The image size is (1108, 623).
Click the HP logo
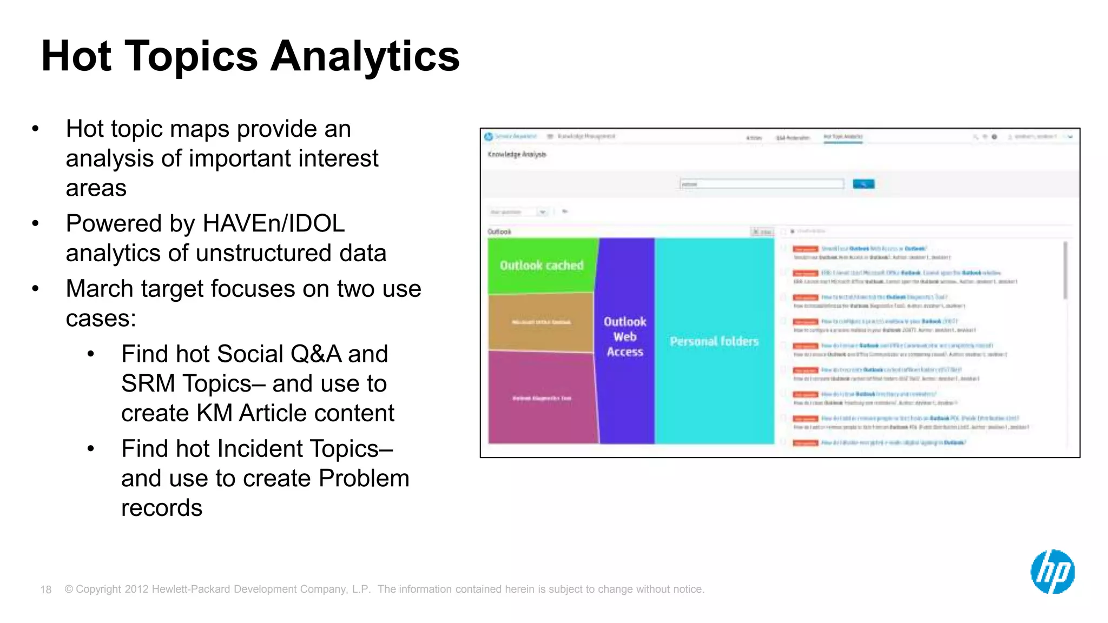click(1052, 572)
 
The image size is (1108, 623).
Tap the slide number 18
click(45, 589)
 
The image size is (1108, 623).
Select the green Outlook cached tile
click(542, 266)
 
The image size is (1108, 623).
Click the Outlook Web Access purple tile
click(625, 336)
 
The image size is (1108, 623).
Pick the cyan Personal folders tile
click(714, 341)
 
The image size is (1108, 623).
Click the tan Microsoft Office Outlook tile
click(541, 322)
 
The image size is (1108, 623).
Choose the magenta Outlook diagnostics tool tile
click(542, 398)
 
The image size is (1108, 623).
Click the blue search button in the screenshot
click(863, 184)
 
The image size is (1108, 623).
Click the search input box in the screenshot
click(761, 184)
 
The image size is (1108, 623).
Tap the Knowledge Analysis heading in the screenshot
click(517, 155)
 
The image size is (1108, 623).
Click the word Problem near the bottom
click(364, 479)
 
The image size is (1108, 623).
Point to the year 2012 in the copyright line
click(136, 589)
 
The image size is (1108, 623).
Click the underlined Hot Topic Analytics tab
click(843, 137)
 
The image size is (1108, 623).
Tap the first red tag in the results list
click(805, 249)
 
